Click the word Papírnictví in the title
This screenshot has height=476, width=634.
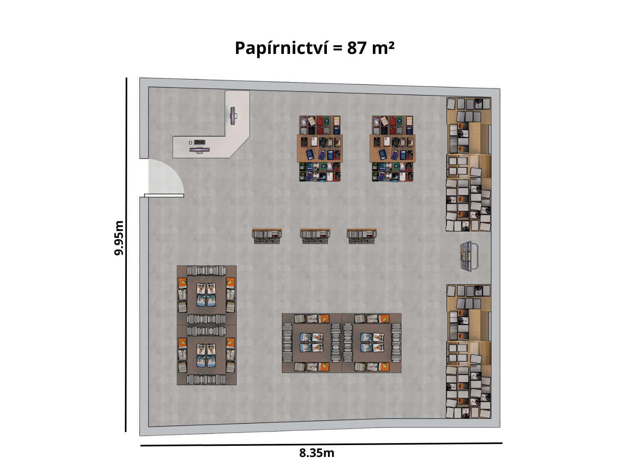tap(281, 48)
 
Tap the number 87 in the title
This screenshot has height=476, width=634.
tap(357, 48)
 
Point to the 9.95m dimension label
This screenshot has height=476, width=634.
tap(119, 238)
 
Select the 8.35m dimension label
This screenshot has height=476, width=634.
tap(317, 453)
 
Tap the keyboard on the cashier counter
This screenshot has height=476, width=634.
tap(200, 142)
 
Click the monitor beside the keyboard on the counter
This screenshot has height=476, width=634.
tap(199, 150)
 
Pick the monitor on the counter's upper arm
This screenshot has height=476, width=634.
tap(233, 115)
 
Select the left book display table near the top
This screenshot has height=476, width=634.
tap(320, 148)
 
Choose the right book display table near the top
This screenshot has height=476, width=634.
tap(393, 148)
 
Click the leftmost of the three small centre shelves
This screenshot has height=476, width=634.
tap(267, 236)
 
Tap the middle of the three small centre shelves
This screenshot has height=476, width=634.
tap(315, 236)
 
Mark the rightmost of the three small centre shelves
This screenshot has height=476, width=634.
tap(362, 236)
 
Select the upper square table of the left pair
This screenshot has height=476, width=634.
tap(206, 295)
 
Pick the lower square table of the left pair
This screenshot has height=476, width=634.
tap(206, 355)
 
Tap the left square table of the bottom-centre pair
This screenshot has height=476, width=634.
tap(312, 343)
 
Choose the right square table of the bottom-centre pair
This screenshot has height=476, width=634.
tap(372, 343)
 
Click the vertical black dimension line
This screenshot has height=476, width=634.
tap(126, 255)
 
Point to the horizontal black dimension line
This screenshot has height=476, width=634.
tap(321, 444)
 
